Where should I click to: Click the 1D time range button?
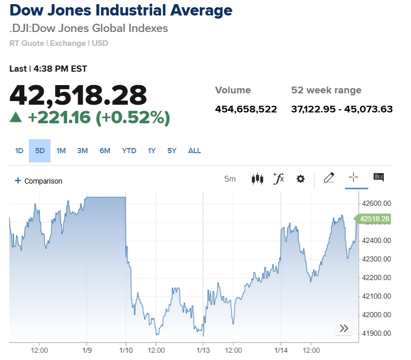pyautogui.click(x=19, y=151)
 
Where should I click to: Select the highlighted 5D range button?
pyautogui.click(x=40, y=151)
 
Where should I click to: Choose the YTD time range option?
pyautogui.click(x=129, y=151)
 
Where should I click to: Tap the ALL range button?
pyautogui.click(x=194, y=151)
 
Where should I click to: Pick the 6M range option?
pyautogui.click(x=105, y=151)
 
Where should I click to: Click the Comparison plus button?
pyautogui.click(x=18, y=181)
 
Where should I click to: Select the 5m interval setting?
pyautogui.click(x=230, y=179)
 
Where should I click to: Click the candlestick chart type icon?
pyautogui.click(x=257, y=179)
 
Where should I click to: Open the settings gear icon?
pyautogui.click(x=301, y=179)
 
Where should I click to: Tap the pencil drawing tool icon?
pyautogui.click(x=328, y=178)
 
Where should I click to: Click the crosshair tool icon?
pyautogui.click(x=353, y=177)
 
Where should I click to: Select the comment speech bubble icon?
pyautogui.click(x=379, y=177)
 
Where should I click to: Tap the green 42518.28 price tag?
pyautogui.click(x=374, y=219)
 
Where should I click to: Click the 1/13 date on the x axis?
pyautogui.click(x=203, y=350)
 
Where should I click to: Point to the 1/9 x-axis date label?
pyautogui.click(x=87, y=350)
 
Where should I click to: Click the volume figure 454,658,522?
pyautogui.click(x=246, y=109)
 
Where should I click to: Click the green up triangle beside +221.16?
pyautogui.click(x=16, y=118)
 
